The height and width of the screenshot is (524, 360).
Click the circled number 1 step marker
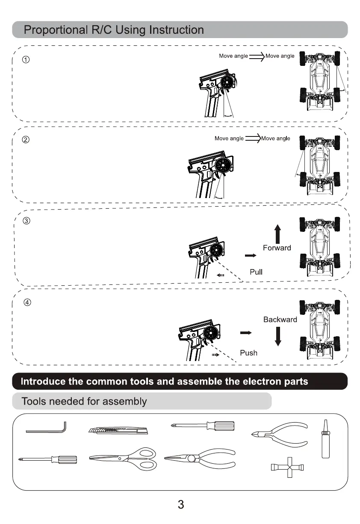26,59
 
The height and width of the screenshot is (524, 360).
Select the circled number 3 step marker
27,221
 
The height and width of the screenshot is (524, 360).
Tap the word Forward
277,248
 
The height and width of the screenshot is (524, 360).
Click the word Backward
280,320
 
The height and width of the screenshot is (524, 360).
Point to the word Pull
256,272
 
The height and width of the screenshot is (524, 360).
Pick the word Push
248,353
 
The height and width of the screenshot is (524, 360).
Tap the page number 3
180,504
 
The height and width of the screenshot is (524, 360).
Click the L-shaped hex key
46,429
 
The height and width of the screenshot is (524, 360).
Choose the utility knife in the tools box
118,430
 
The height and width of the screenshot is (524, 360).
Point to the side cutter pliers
280,434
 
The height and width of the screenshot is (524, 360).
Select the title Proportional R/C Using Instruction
113,30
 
